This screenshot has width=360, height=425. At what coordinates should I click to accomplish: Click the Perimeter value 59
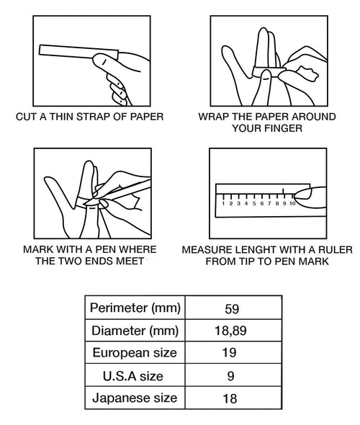click(x=232, y=309)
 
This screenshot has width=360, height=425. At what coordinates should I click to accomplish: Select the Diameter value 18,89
click(x=230, y=331)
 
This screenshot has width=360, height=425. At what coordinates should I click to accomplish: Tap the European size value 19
click(x=229, y=353)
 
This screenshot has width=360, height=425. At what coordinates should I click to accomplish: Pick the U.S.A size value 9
click(x=230, y=376)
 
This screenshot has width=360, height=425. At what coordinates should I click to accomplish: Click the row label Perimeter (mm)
click(x=135, y=308)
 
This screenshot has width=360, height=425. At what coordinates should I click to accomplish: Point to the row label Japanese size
click(x=135, y=398)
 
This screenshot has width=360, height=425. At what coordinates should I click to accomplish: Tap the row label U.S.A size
click(x=133, y=376)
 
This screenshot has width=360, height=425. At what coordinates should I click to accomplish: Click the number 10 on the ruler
click(x=292, y=204)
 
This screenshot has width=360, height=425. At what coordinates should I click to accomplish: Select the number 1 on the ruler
click(x=223, y=204)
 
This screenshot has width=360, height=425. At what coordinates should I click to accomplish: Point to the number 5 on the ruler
click(x=254, y=204)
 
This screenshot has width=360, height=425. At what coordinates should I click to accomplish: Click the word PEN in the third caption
click(x=107, y=249)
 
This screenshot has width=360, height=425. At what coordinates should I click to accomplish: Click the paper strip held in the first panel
click(x=78, y=52)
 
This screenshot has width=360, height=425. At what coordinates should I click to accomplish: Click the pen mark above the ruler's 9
click(x=284, y=192)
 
